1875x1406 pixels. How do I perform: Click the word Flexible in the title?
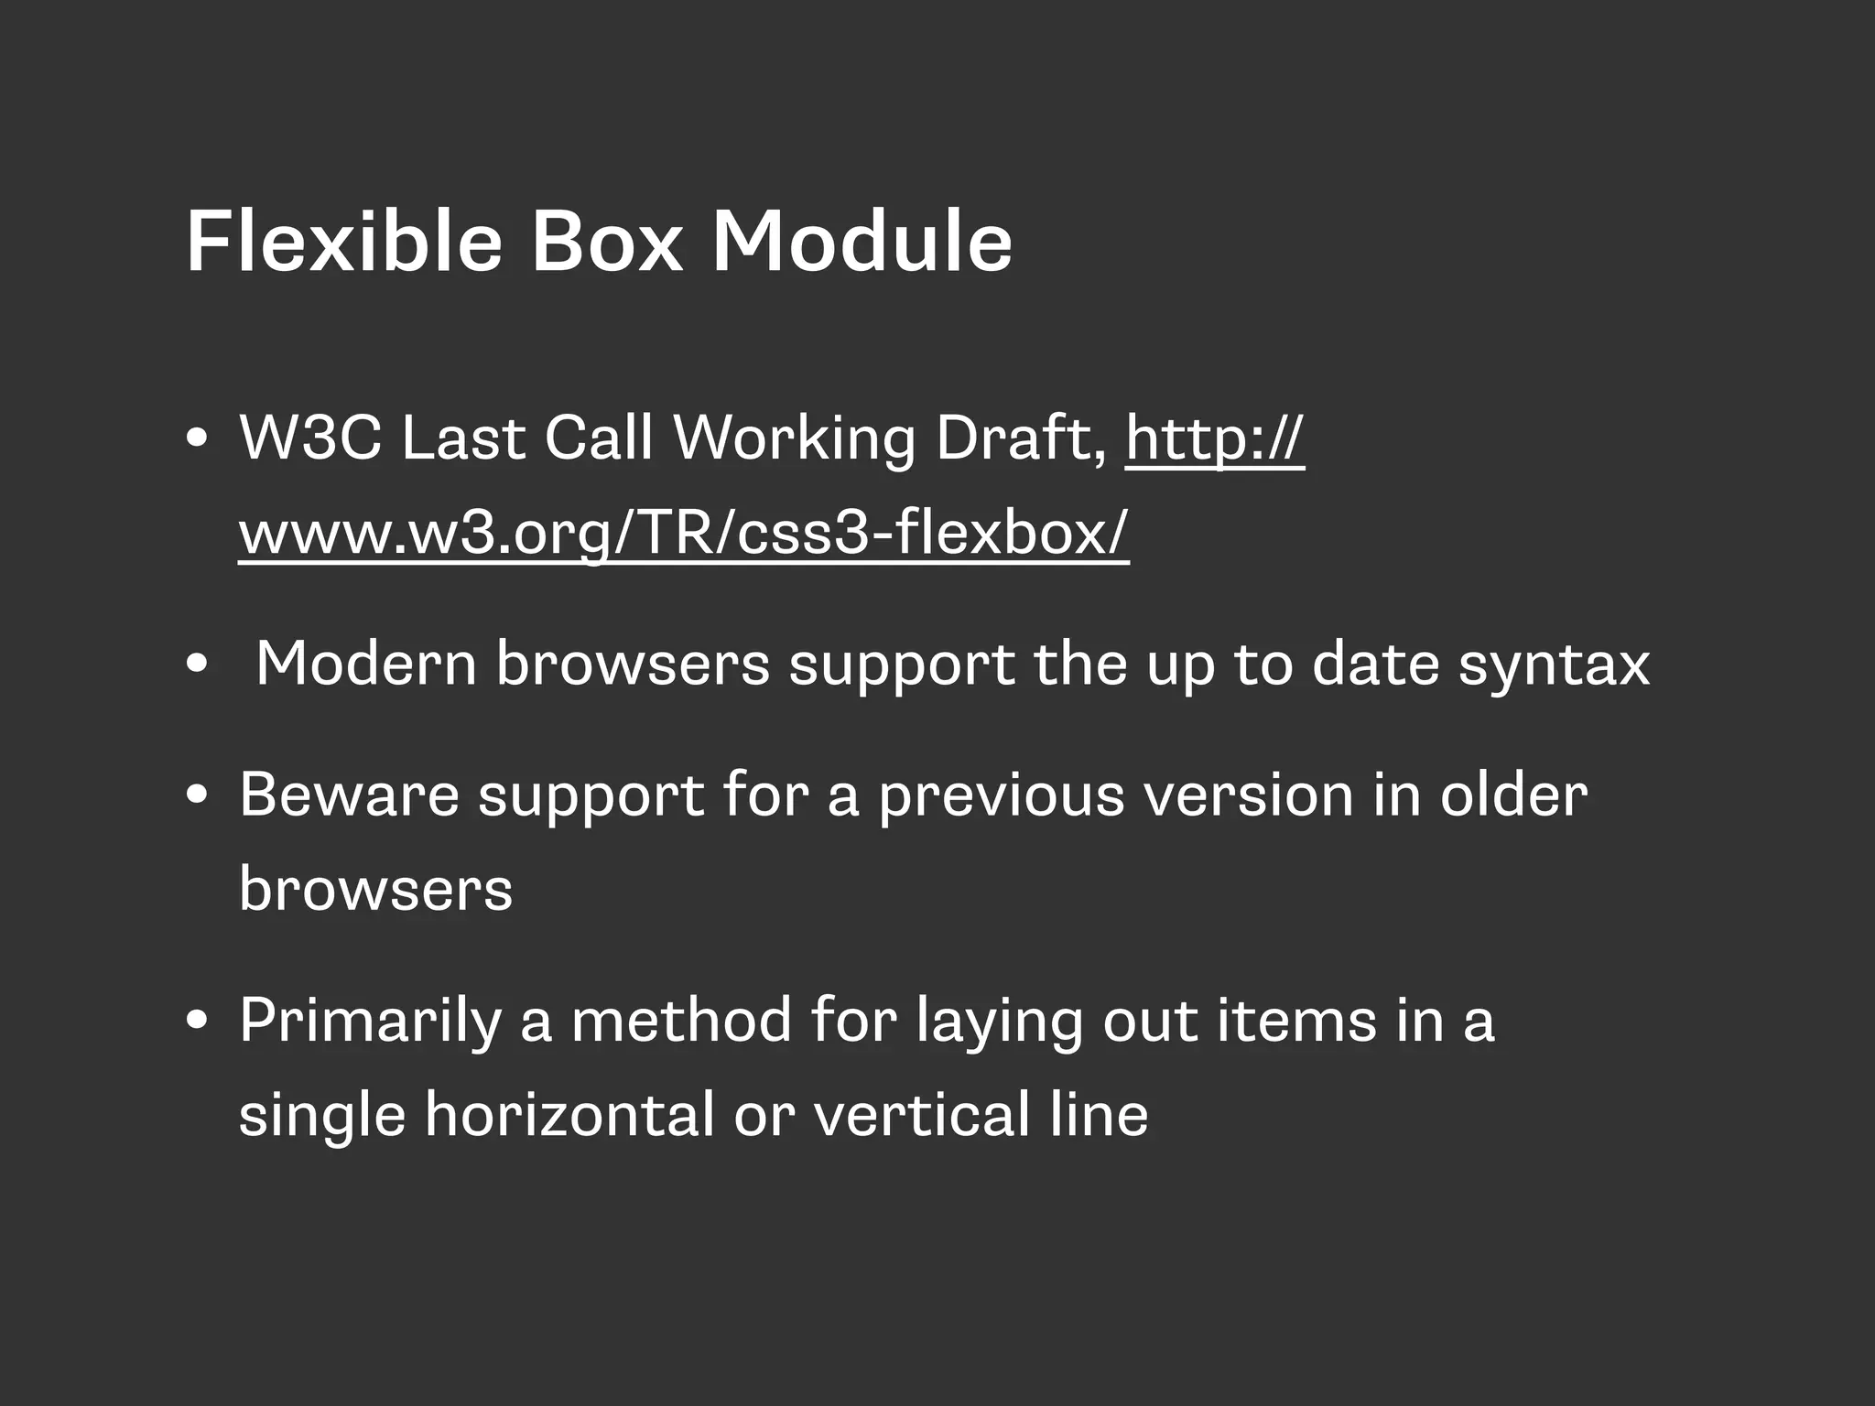click(x=343, y=242)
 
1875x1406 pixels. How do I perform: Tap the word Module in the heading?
click(x=862, y=242)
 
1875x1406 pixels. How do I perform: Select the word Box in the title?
click(x=606, y=242)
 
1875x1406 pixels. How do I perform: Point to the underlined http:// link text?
click(x=1214, y=439)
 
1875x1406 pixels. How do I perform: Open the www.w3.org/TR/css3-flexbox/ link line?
click(x=683, y=533)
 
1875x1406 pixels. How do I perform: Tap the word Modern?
click(x=365, y=664)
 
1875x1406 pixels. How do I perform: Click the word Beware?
click(x=349, y=795)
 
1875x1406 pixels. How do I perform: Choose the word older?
click(x=1513, y=795)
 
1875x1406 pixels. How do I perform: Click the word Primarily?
click(x=370, y=1021)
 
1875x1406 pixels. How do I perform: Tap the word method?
click(x=681, y=1020)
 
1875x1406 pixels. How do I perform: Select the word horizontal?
click(x=569, y=1116)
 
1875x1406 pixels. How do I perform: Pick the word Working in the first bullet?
click(x=794, y=439)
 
